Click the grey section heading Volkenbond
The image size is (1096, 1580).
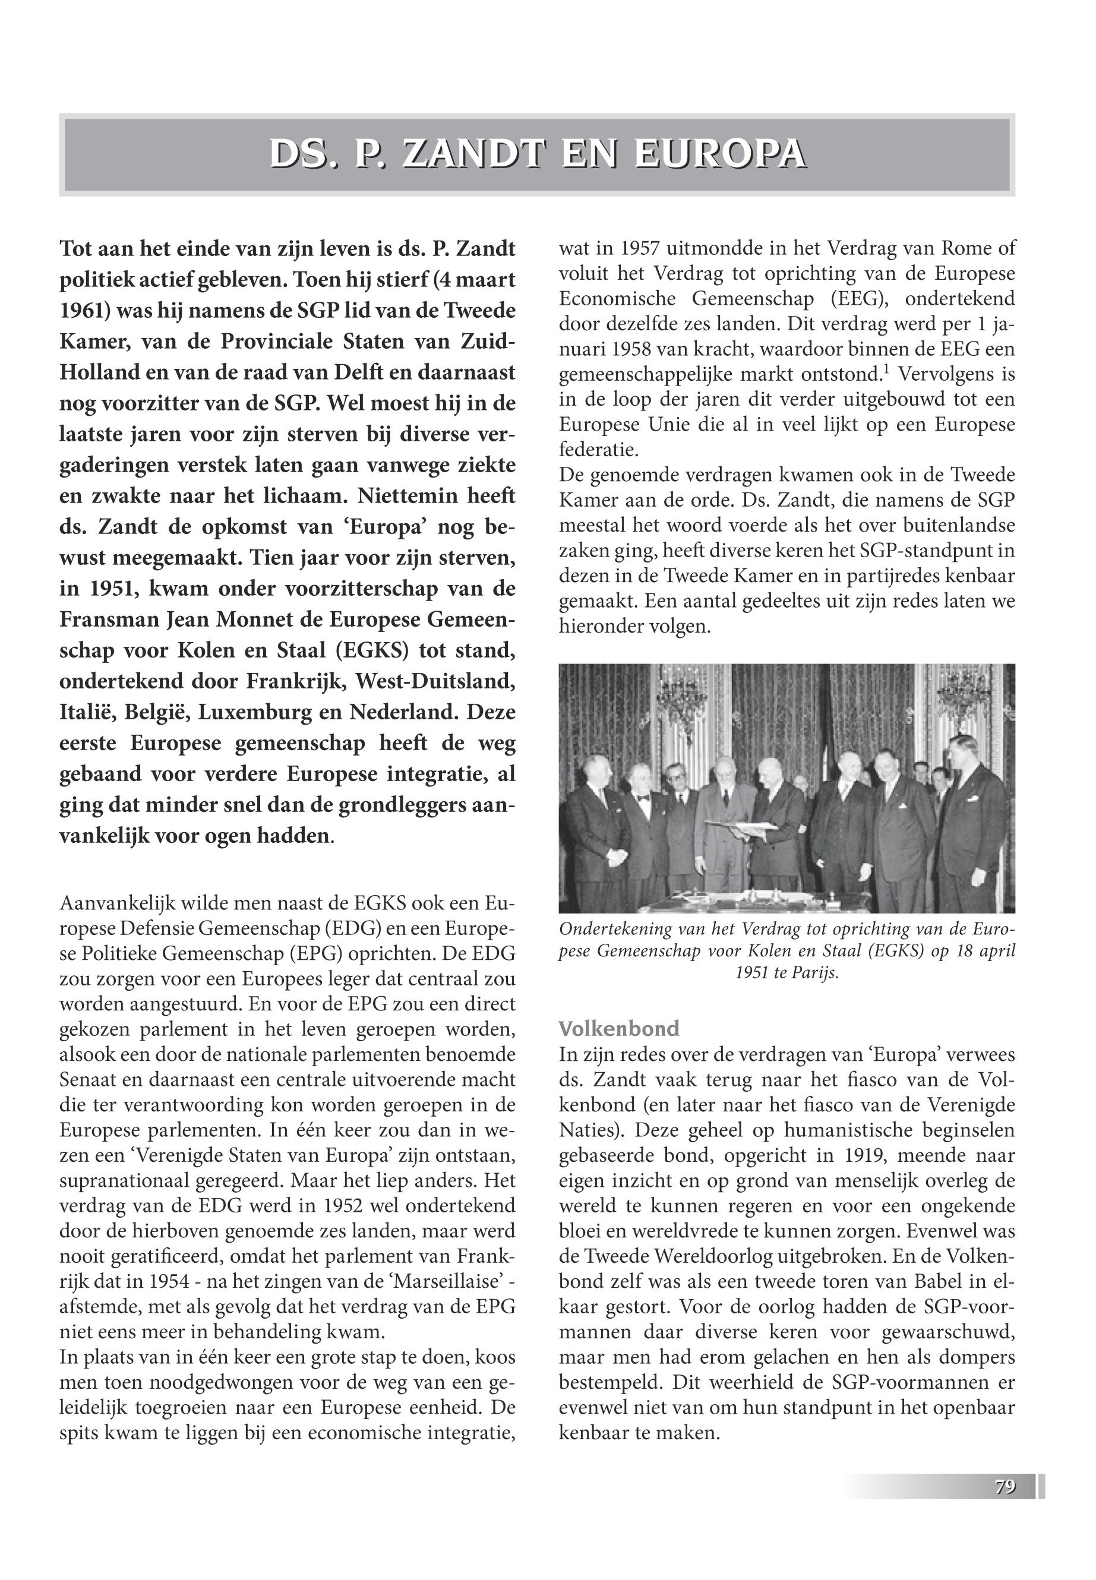coord(619,1029)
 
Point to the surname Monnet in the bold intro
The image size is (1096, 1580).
coord(256,620)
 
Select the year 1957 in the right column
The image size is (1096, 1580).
coord(630,248)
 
